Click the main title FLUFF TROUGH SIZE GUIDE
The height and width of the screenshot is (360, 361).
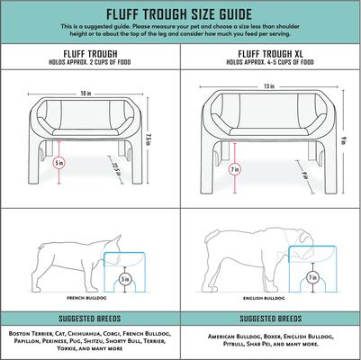(x=180, y=14)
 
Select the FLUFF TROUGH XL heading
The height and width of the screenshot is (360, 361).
(x=268, y=54)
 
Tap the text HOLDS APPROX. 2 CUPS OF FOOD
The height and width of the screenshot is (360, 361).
(x=89, y=64)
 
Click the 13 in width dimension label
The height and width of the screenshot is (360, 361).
(x=268, y=86)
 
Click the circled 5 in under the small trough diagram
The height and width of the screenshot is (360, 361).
(x=59, y=163)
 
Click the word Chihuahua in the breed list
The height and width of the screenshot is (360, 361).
(x=86, y=331)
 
